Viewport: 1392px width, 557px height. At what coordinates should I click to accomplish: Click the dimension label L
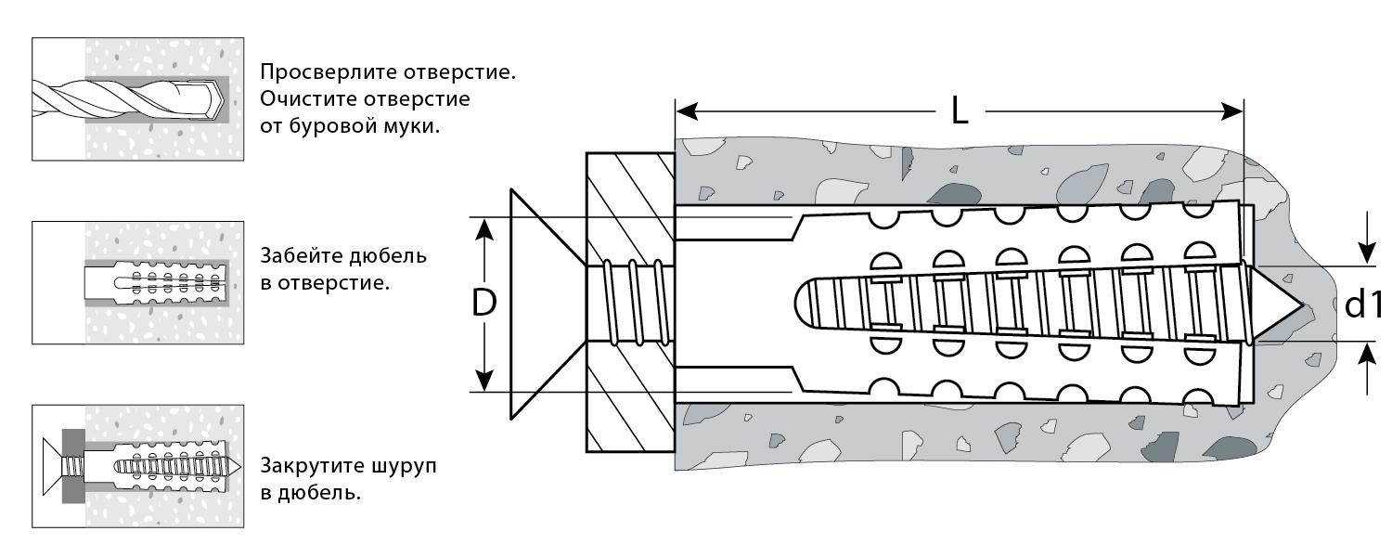[x=960, y=112]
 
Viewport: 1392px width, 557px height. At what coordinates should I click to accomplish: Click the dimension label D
[x=483, y=304]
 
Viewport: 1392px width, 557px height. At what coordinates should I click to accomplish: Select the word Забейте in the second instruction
[x=303, y=255]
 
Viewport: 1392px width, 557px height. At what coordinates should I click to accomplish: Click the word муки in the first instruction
[x=415, y=126]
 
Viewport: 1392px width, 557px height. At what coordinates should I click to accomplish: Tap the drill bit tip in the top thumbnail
[x=216, y=100]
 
